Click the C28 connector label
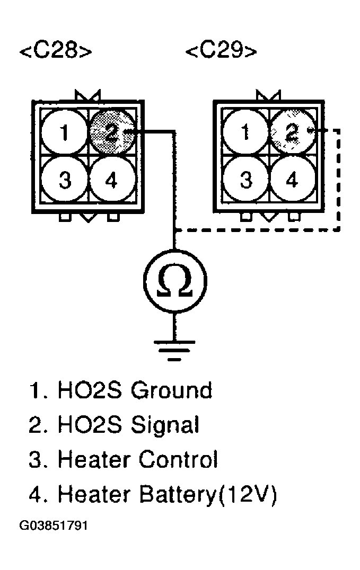pyautogui.click(x=56, y=52)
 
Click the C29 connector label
pyautogui.click(x=222, y=52)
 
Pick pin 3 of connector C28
pyautogui.click(x=64, y=180)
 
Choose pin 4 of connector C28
pyautogui.click(x=110, y=180)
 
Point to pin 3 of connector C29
pyautogui.click(x=245, y=180)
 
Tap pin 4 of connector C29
pyautogui.click(x=292, y=180)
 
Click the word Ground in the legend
pyautogui.click(x=171, y=390)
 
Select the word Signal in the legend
pyautogui.click(x=164, y=424)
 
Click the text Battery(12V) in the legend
pyautogui.click(x=207, y=494)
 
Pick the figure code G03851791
pyautogui.click(x=54, y=527)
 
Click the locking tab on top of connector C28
pyautogui.click(x=87, y=96)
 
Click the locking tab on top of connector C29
pyautogui.click(x=268, y=96)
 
